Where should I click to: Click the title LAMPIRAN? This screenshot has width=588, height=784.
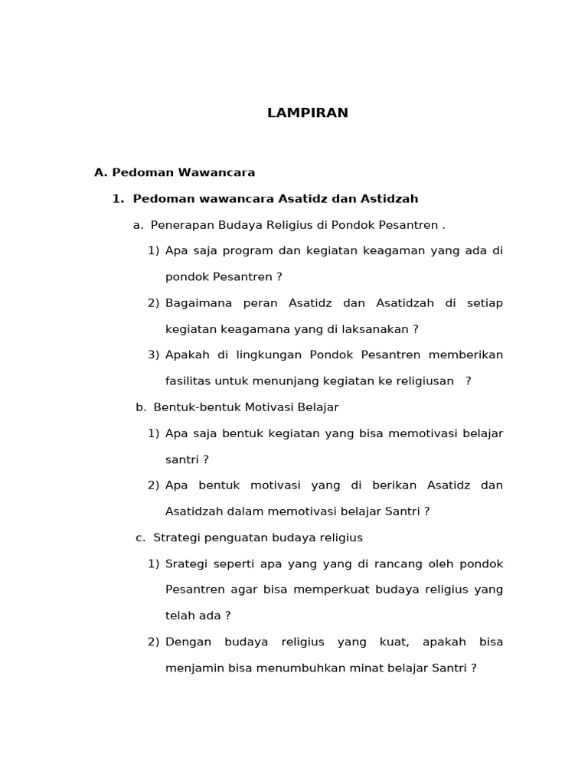tap(308, 113)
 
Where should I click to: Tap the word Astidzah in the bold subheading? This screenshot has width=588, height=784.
tap(393, 199)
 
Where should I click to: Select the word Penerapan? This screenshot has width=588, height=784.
tap(175, 225)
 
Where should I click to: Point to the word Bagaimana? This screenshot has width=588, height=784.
tap(198, 303)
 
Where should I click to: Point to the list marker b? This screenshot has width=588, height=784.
tap(141, 407)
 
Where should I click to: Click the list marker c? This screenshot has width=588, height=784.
tap(140, 537)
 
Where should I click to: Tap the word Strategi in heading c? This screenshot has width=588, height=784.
tap(176, 537)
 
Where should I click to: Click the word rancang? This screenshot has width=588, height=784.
tap(396, 564)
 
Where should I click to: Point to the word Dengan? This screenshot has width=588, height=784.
tap(188, 642)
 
